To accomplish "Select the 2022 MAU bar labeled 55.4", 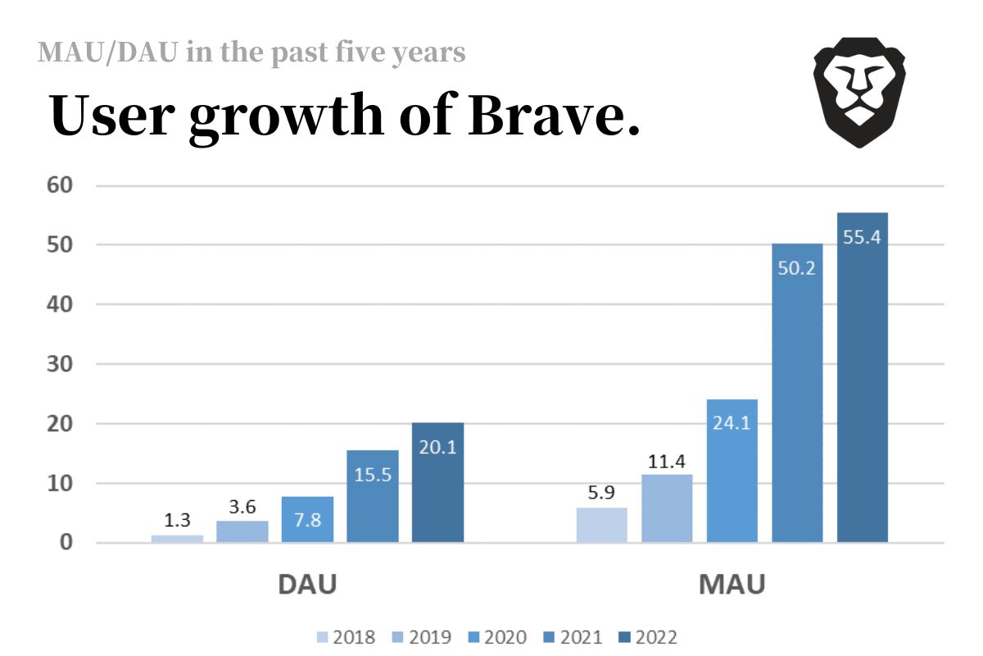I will click(x=863, y=377).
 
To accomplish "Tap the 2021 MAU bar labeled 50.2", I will click(x=797, y=394).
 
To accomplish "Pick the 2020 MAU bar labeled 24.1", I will click(x=732, y=471).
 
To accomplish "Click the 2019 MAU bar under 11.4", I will click(x=667, y=508).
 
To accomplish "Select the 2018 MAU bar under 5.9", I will click(x=602, y=525).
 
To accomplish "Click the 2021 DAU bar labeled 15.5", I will click(x=373, y=496).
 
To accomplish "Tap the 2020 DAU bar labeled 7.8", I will click(x=307, y=519).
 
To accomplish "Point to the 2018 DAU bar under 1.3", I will click(x=177, y=539).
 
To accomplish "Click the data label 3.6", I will click(x=242, y=507).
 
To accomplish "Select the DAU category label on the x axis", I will click(x=307, y=585).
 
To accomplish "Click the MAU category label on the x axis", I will click(x=732, y=585).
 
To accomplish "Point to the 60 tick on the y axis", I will click(x=60, y=185).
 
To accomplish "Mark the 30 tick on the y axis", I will click(x=60, y=364).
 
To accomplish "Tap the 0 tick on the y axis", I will click(x=66, y=543).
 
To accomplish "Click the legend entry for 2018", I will click(x=347, y=637).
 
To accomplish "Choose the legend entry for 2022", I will click(x=649, y=637).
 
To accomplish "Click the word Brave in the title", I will click(x=554, y=116).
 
